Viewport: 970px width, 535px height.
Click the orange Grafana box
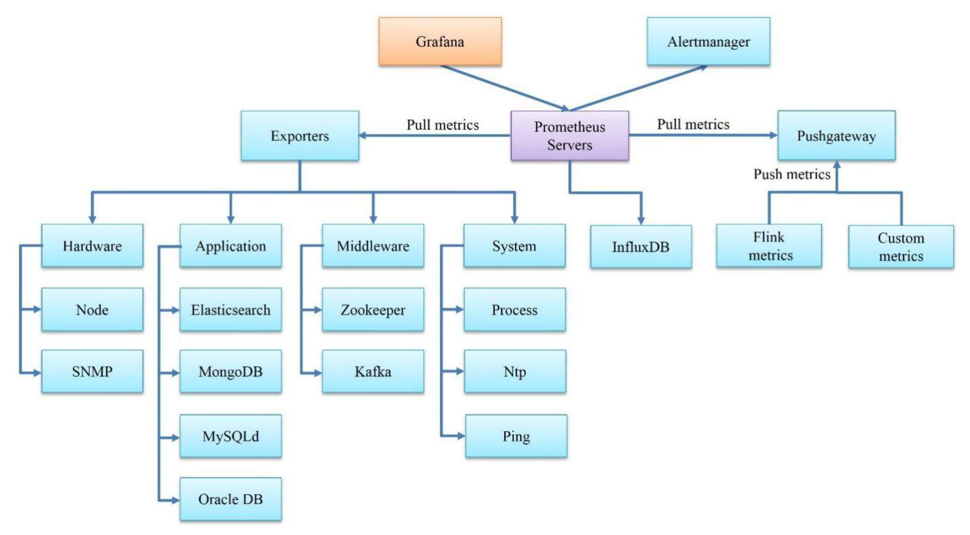click(x=440, y=41)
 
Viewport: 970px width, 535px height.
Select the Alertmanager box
click(x=708, y=41)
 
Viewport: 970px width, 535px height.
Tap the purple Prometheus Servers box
click(x=569, y=135)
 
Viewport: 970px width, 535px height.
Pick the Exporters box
click(x=300, y=135)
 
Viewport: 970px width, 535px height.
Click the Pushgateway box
click(x=836, y=135)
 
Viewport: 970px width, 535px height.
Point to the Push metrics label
click(x=791, y=174)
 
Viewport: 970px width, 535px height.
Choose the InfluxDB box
click(x=640, y=246)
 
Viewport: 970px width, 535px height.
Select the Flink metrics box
click(x=769, y=246)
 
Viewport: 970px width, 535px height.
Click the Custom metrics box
click(x=900, y=246)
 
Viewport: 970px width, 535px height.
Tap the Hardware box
click(x=92, y=245)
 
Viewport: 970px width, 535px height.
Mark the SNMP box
click(x=92, y=371)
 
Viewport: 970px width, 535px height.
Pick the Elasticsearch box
click(x=230, y=309)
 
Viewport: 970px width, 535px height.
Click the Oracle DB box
click(x=230, y=499)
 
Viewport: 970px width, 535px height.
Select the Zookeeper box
click(x=373, y=309)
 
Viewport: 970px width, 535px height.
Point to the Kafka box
click(x=373, y=371)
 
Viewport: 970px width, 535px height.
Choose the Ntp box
click(x=515, y=371)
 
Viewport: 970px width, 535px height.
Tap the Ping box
click(x=516, y=436)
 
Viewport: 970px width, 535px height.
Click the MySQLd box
click(x=230, y=436)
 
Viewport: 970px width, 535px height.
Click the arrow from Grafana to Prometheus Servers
click(x=503, y=87)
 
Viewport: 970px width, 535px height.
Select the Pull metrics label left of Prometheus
click(x=442, y=125)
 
